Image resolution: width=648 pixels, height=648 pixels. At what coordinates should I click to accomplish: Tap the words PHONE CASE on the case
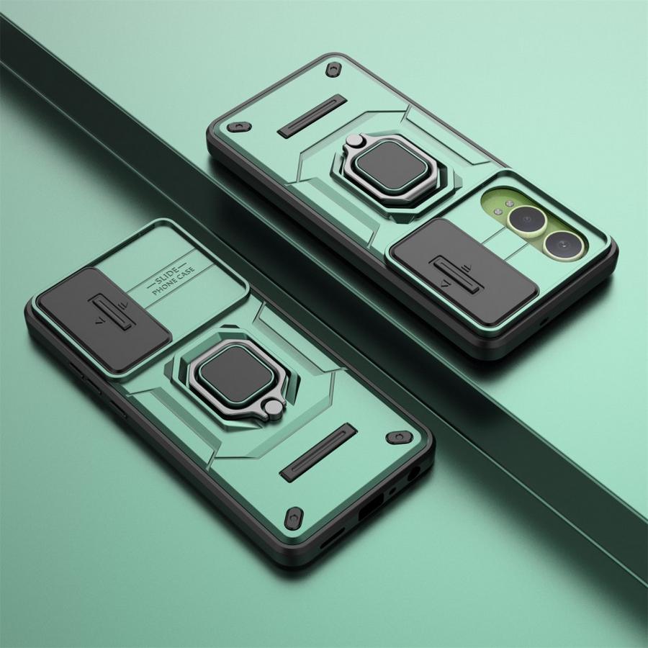pos(174,282)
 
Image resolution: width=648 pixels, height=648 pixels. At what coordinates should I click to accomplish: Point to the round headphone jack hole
pos(413,474)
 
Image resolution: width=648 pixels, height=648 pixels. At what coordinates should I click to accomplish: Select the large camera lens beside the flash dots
pos(526,220)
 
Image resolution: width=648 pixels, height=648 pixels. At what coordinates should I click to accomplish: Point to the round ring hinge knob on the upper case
pos(354,140)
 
